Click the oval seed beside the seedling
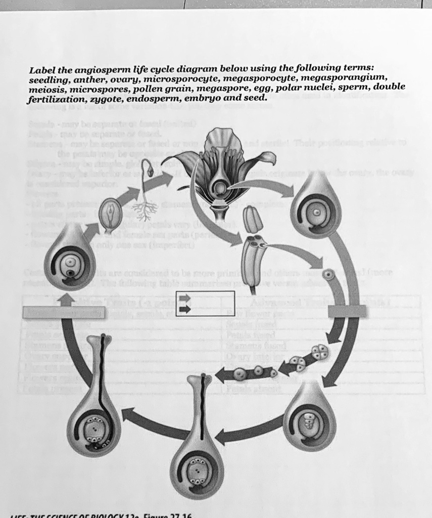tap(111, 213)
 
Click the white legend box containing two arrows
tap(205, 304)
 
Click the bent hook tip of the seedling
tap(149, 168)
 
